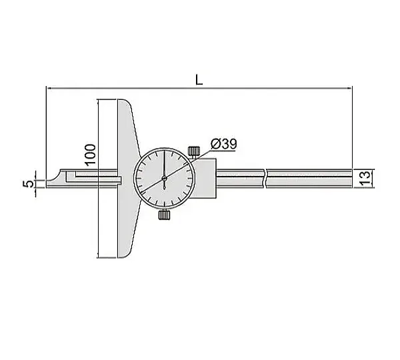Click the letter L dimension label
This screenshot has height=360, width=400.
pos(199,80)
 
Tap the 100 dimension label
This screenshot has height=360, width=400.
pos(90,155)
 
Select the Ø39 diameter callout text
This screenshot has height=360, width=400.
pos(224,144)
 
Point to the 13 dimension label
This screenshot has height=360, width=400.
pos(365,178)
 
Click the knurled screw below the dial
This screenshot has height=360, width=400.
pos(164,215)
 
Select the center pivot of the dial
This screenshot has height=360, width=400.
pos(164,179)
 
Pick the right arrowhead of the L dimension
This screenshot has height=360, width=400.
pos(349,88)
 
